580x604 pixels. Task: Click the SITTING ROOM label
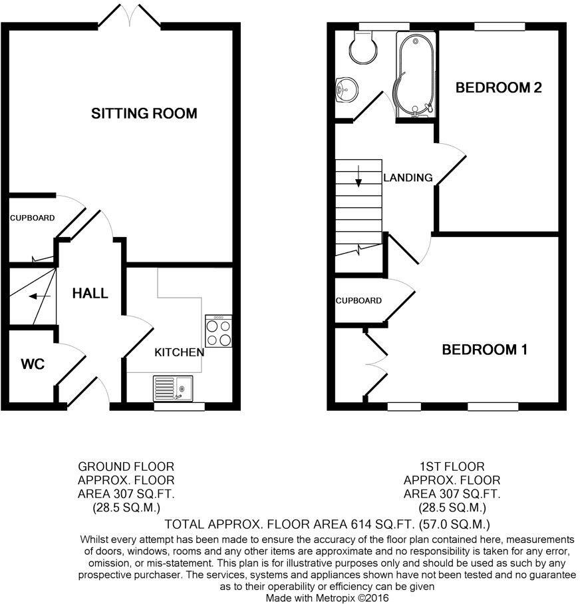pos(144,113)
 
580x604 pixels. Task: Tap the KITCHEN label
pos(180,352)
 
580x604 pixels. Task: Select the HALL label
pos(90,294)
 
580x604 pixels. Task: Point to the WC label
pos(33,364)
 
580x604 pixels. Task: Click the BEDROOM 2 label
pos(499,87)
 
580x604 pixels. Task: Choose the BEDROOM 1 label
pos(484,350)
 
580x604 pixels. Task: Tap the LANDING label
pos(408,178)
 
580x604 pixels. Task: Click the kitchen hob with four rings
pos(219,331)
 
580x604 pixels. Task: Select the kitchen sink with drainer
pos(173,388)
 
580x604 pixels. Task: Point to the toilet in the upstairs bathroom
pos(363,47)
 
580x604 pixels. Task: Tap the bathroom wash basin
pos(347,90)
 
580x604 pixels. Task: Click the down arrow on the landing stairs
pos(359,176)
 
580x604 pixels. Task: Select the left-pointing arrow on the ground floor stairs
pos(40,296)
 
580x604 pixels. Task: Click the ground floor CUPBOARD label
pos(33,218)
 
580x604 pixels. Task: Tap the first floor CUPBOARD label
pos(359,300)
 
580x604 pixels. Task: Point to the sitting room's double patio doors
pos(129,16)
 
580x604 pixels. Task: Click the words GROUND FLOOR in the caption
pos(126,466)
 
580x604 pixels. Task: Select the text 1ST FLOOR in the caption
pos(452,466)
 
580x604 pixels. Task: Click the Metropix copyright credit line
pos(327,598)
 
